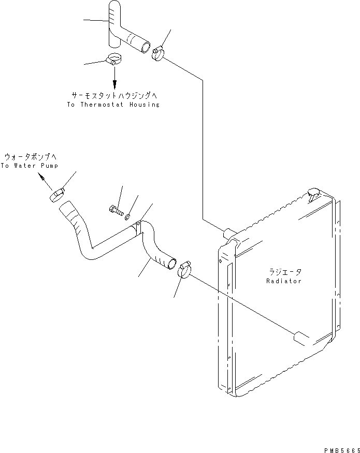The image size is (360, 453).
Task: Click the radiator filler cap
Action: pos(314,194)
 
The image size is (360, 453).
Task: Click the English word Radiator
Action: pos(284,281)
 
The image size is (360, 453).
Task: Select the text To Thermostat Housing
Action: pos(113,105)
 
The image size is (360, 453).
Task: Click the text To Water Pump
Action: pos(29,166)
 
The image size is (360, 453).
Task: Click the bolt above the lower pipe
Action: pos(116,210)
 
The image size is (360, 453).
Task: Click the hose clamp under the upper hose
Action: pos(114,60)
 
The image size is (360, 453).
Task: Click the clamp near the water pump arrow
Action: pos(57,195)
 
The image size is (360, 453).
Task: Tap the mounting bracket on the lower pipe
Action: pos(137,226)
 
